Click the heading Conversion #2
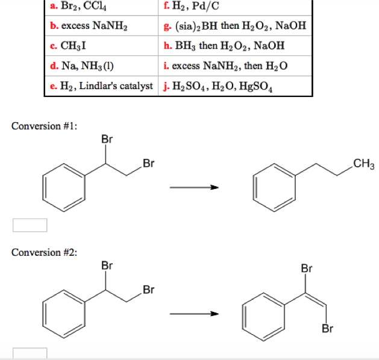45,252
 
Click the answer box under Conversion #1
30,225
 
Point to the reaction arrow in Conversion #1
193,187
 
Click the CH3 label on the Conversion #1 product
365,163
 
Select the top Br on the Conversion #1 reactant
107,140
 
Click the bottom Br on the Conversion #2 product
327,329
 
